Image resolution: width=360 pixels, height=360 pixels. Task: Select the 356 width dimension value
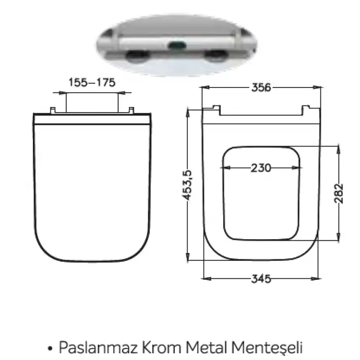tap(261, 87)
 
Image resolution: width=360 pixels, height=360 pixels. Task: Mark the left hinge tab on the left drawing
tap(52, 110)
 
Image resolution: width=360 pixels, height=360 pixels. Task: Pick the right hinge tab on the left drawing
tap(131, 110)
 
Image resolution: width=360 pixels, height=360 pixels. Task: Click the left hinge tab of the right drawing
tap(217, 109)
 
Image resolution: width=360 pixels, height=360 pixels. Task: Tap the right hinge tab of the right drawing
tap(308, 109)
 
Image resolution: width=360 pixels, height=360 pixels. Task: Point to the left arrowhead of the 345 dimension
tap(206, 279)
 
